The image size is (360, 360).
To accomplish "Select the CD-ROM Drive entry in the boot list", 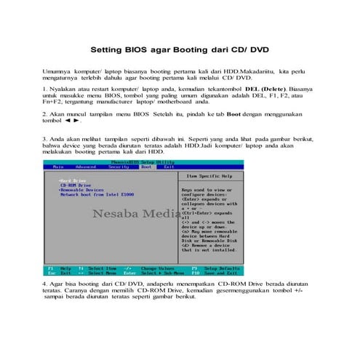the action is tap(76, 185).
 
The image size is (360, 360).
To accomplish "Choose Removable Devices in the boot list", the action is tap(81, 191).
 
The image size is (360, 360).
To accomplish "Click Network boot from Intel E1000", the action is tap(97, 195).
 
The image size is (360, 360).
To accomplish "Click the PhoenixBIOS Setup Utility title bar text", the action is tap(143, 161).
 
